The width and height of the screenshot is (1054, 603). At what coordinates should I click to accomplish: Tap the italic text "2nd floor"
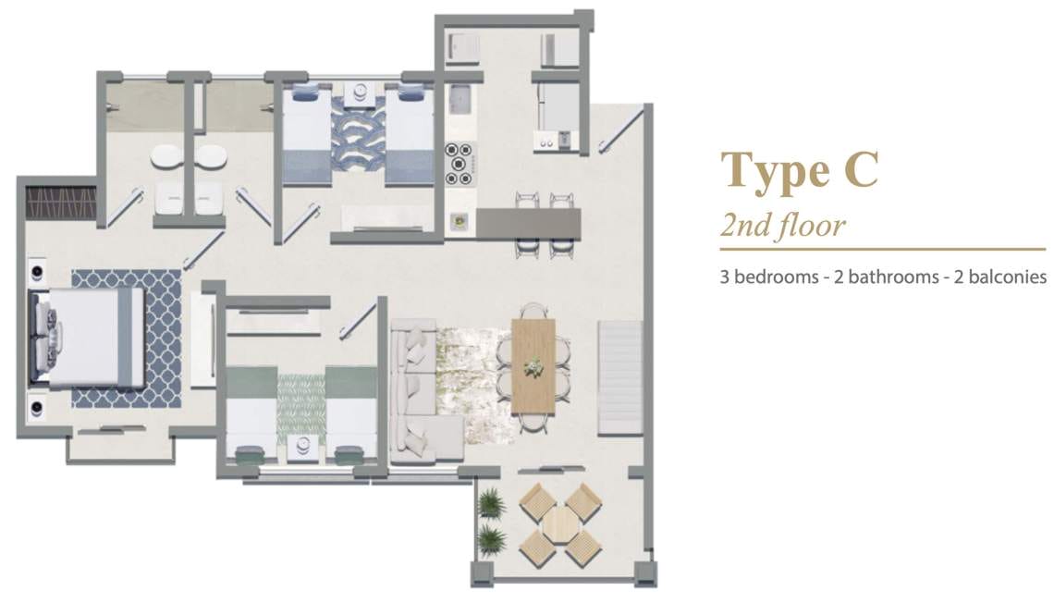point(782,226)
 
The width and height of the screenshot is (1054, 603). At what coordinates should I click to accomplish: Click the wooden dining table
point(533,368)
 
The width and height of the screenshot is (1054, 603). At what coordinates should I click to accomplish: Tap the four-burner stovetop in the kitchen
point(460,164)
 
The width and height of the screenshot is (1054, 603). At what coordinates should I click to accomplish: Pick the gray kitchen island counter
point(528,223)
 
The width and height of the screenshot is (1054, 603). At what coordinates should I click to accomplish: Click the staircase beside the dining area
point(619,378)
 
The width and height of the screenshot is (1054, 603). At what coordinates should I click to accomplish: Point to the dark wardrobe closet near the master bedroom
point(61,203)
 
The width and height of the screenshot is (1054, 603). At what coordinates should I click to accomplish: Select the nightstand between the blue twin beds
point(361,93)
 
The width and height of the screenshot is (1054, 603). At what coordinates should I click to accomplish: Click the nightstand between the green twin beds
point(301,447)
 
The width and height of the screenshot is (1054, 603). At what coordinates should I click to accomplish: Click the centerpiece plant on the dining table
point(534,365)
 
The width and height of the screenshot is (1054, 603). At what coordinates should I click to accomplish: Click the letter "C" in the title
point(862,168)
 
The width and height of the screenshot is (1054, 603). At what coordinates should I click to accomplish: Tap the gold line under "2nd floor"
point(883,250)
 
